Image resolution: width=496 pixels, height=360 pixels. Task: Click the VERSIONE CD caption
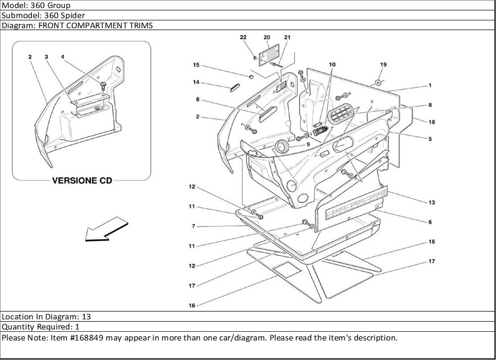coord(82,180)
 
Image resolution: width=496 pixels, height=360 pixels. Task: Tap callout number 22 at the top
coord(243,38)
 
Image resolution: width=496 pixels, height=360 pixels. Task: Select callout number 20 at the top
coord(267,38)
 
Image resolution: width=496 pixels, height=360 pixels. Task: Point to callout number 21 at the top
coord(287,38)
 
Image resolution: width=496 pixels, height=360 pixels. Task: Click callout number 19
coord(383,64)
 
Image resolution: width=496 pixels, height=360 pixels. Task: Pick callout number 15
coord(196,65)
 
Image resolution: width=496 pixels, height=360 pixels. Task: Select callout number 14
coord(196,82)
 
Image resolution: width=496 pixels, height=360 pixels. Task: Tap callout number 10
coord(332,64)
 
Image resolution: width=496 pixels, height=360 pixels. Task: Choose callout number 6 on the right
coord(431,222)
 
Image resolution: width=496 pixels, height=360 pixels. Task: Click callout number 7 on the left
coord(193,226)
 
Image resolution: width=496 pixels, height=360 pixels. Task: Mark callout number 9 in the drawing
coord(308,144)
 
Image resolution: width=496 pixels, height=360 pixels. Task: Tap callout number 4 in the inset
coord(62,57)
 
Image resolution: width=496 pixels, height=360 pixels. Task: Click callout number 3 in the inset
coord(46,57)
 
